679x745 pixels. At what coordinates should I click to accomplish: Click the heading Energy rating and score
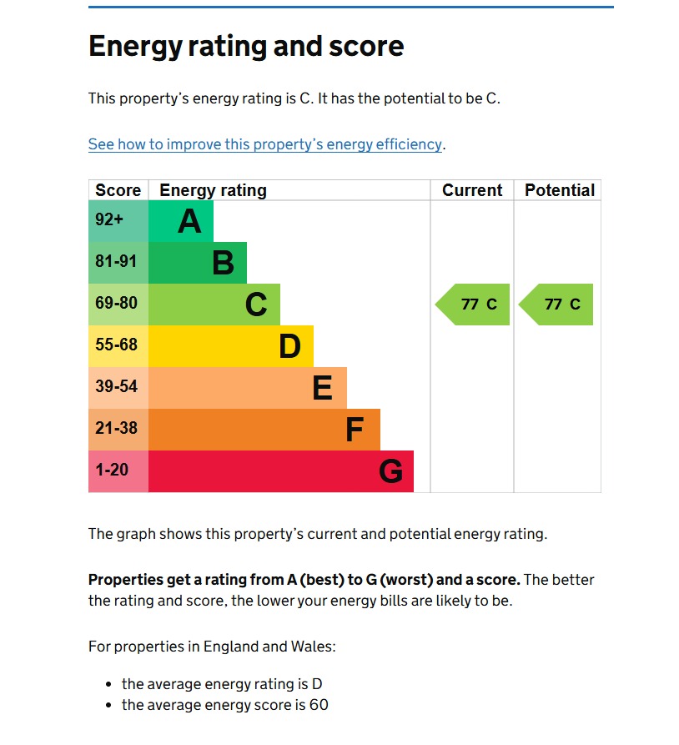[x=246, y=46]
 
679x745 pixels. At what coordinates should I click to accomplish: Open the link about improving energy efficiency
[x=265, y=144]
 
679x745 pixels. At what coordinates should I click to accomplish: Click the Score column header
[x=118, y=190]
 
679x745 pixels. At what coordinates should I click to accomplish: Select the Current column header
[x=472, y=190]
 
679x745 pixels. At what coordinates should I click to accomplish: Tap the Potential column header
[x=560, y=190]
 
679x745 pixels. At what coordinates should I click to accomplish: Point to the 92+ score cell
[x=109, y=221]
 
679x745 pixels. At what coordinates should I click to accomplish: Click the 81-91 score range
[x=116, y=262]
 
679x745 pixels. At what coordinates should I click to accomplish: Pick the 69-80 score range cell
[x=116, y=304]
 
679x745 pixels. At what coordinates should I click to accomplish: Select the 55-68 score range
[x=116, y=345]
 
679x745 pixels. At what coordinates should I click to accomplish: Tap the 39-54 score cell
[x=116, y=387]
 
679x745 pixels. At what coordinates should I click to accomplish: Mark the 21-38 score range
[x=116, y=429]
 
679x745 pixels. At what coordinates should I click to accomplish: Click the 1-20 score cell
[x=112, y=471]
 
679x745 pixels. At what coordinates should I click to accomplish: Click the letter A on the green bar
[x=189, y=222]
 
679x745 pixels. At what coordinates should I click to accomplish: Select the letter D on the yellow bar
[x=289, y=347]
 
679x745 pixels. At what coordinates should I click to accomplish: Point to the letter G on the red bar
[x=390, y=472]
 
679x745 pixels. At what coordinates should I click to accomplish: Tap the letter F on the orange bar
[x=355, y=430]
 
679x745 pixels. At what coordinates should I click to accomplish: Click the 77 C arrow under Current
[x=474, y=305]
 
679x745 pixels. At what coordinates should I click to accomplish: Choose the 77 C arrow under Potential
[x=557, y=305]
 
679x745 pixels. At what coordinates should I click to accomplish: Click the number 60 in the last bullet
[x=318, y=705]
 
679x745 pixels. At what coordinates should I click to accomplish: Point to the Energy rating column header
[x=213, y=190]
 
